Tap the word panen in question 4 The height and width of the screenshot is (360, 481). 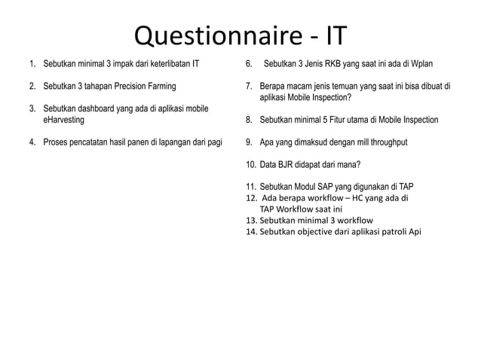tap(136, 141)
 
